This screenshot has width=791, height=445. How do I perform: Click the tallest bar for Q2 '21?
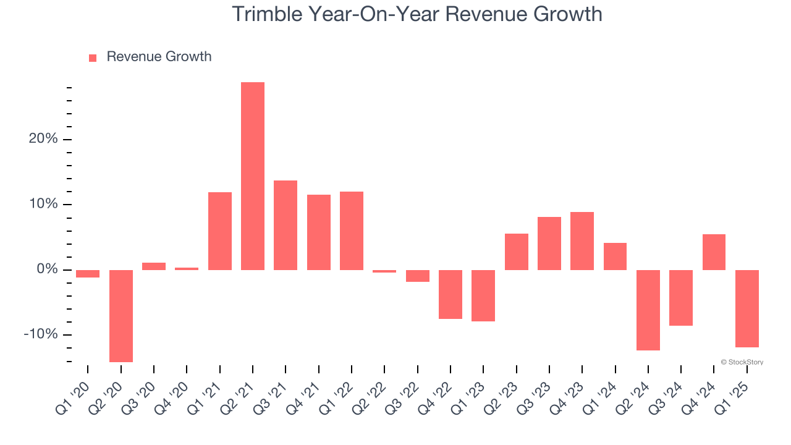253,176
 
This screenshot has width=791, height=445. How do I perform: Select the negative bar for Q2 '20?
121,316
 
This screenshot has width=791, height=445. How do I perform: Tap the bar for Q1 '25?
747,308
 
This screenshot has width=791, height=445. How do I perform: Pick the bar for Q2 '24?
648,310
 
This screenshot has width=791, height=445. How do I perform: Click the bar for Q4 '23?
582,241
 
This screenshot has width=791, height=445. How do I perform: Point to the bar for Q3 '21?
286,225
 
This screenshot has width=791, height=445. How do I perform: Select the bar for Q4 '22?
450,294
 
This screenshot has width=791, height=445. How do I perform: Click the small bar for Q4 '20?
187,269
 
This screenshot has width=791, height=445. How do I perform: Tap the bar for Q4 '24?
714,252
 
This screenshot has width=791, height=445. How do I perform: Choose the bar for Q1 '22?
352,231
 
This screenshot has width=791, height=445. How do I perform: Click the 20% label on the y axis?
43,139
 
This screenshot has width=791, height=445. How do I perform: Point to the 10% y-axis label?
43,205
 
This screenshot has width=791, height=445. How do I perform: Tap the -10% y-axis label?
41,334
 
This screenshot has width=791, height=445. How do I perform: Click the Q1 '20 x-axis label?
73,392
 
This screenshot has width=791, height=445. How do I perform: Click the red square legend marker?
93,58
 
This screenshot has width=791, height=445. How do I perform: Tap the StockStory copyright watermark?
742,362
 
